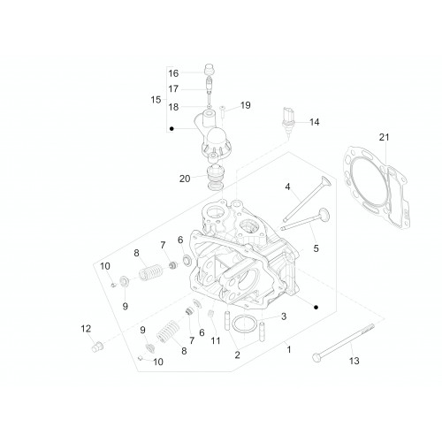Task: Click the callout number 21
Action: point(384,137)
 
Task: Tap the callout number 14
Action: point(315,122)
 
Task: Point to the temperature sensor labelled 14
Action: point(287,121)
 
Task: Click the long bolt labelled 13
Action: point(343,342)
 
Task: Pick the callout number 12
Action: point(86,329)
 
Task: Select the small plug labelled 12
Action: point(96,347)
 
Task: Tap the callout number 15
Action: point(156,100)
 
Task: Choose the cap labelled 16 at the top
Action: point(209,70)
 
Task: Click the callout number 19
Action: point(246,105)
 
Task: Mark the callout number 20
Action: point(185,179)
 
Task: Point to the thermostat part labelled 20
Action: point(216,178)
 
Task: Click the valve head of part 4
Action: point(325,182)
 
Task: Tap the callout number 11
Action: point(216,340)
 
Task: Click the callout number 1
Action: point(289,349)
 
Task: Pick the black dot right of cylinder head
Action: point(316,308)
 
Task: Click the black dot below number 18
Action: point(171,128)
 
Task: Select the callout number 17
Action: point(173,88)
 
